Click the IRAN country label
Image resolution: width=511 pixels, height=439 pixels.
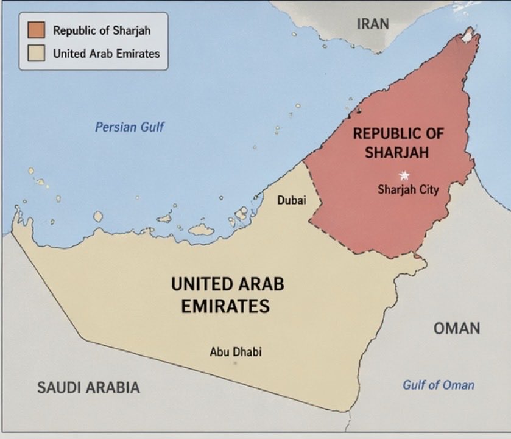pos(372,24)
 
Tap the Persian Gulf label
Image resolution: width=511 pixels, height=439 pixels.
pos(130,127)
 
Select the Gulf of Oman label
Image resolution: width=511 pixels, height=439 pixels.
pos(438,385)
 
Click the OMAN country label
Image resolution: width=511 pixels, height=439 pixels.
pos(456,329)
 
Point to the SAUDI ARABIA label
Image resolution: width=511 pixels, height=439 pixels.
pos(88,387)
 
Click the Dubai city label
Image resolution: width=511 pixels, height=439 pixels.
pos(291,200)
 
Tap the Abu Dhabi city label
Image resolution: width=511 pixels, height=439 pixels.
pos(236,351)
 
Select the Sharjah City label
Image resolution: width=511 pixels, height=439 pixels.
pos(407,189)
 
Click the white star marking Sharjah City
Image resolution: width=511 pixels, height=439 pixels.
pos(404,176)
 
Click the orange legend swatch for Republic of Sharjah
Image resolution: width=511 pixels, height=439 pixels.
pos(35,30)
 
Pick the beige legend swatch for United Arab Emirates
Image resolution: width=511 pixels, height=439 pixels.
pos(35,53)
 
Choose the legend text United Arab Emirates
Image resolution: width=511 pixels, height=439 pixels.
pos(106,53)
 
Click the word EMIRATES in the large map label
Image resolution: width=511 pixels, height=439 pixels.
pos(225,306)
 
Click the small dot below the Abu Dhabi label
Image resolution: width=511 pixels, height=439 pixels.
pos(235,363)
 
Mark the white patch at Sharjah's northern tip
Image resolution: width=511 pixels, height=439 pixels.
pos(468,36)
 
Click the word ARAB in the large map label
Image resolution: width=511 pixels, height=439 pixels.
pos(259,284)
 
